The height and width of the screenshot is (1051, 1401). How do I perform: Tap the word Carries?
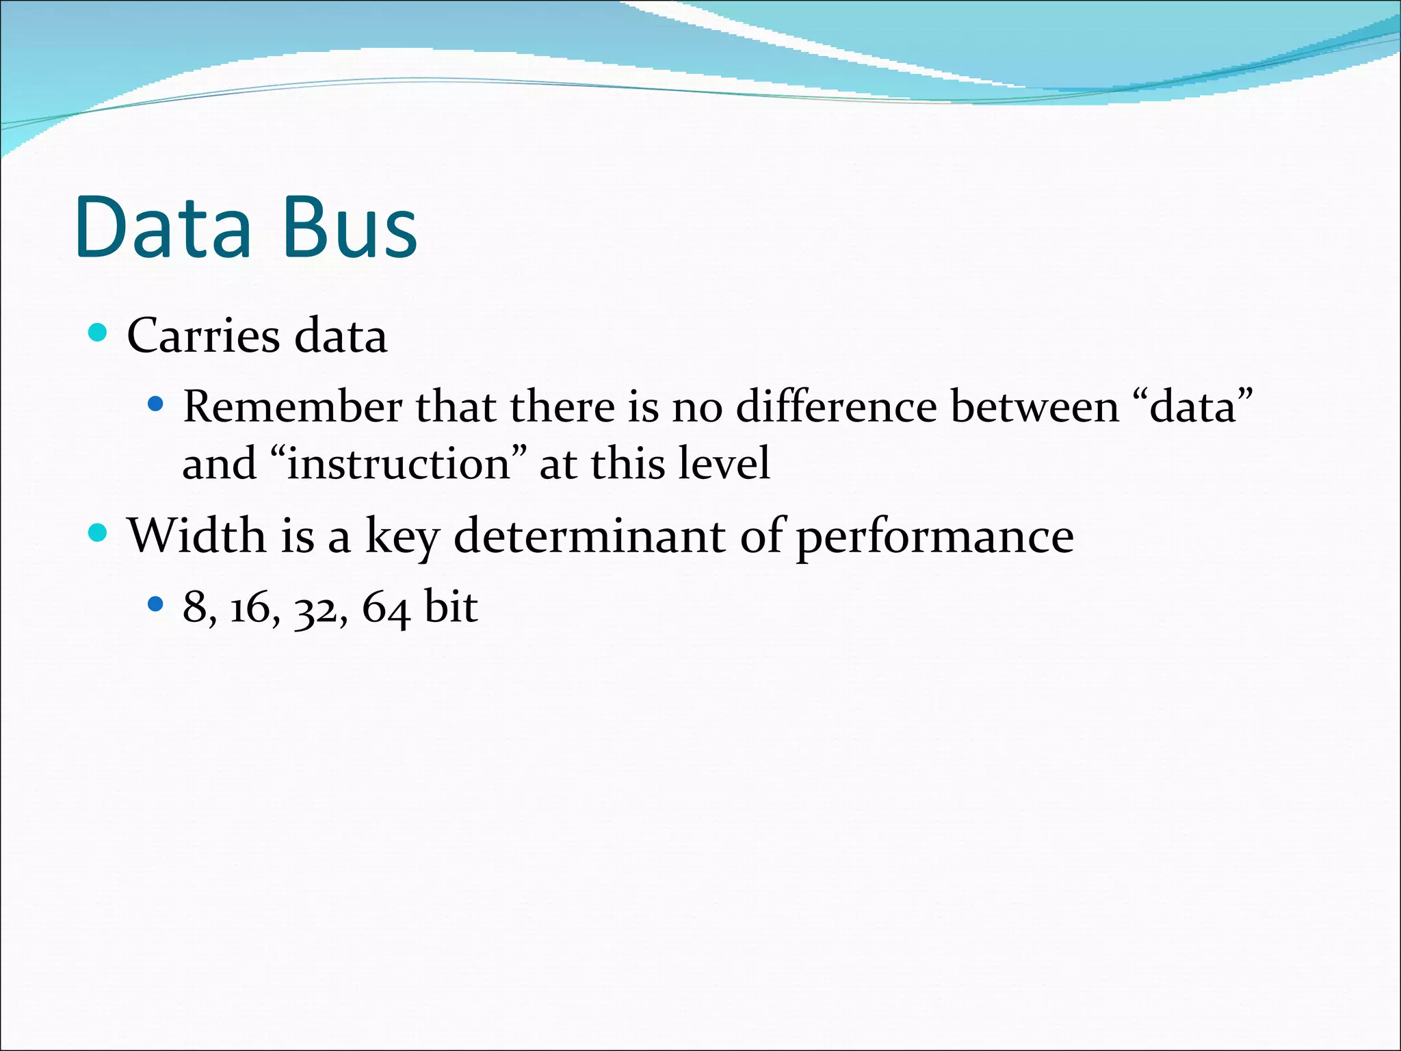(203, 337)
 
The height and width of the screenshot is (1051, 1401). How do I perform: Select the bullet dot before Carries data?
(99, 333)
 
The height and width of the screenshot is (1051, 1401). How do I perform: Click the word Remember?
(292, 407)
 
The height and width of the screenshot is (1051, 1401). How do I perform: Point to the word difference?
(836, 407)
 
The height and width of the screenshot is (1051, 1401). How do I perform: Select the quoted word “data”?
(1194, 407)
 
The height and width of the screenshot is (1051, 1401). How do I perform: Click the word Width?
(196, 536)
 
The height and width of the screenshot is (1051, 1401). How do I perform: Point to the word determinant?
(589, 536)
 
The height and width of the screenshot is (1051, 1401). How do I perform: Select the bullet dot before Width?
(99, 532)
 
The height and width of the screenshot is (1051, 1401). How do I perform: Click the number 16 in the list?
(250, 608)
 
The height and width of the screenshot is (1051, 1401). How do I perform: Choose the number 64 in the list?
(385, 608)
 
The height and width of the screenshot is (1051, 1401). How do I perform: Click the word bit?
(450, 606)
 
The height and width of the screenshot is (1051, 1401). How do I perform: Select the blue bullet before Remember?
(156, 404)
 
